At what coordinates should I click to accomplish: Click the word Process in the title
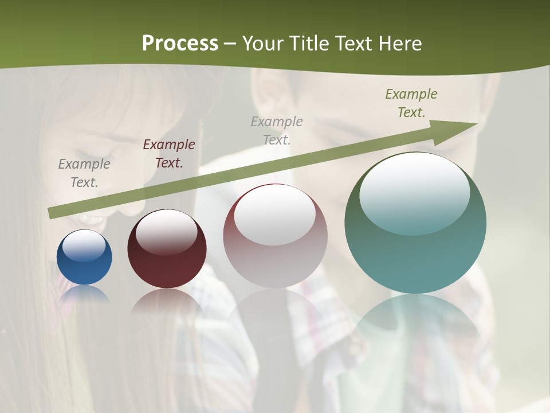tap(180, 44)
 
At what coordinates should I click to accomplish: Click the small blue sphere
tap(84, 257)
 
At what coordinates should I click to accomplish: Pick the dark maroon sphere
tap(167, 249)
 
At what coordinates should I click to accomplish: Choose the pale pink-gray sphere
tap(275, 236)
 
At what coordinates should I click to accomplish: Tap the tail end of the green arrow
tap(52, 213)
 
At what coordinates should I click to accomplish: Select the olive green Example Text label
tap(411, 103)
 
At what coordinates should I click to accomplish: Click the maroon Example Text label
tap(169, 154)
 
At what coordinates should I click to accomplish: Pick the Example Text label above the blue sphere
tap(84, 173)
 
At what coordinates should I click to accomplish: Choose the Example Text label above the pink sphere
tap(277, 130)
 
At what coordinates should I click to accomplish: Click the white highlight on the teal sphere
tap(415, 192)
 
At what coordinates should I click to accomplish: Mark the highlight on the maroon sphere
tap(167, 231)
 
